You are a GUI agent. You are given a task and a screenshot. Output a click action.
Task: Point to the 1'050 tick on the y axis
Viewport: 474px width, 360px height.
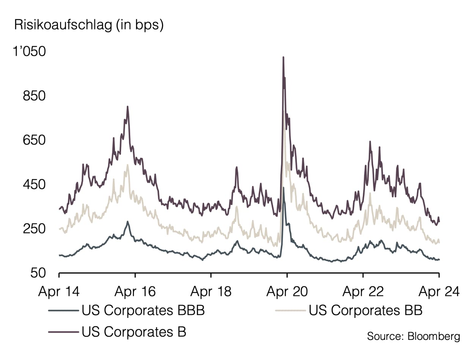coord(30,52)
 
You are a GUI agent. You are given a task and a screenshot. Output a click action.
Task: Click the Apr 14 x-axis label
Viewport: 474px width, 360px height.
coord(59,292)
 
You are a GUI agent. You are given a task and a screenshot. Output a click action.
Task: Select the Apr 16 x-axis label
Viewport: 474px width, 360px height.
coord(135,292)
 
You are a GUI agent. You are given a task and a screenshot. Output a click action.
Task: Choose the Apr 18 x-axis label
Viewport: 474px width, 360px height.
coord(211,292)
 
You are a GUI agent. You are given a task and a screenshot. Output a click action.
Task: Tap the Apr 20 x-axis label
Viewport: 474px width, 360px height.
coord(287,292)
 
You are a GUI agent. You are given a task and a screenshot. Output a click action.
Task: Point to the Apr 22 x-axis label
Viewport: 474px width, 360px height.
coord(363,292)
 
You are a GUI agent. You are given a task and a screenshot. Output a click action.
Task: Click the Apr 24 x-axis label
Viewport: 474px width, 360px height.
coord(439,292)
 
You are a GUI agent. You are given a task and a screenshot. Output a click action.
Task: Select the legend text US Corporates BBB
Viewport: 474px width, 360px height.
coord(143,310)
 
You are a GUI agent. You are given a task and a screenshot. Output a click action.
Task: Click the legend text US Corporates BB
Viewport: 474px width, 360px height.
coord(365,310)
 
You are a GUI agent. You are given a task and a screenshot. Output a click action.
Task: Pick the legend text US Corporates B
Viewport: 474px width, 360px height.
coord(134,332)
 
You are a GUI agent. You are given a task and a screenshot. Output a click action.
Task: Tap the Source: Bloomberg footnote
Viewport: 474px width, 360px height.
coord(413,336)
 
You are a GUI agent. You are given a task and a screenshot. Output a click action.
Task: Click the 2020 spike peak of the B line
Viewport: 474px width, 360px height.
coord(283,57)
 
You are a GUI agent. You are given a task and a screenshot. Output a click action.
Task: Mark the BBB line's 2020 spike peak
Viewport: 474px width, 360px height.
coord(283,187)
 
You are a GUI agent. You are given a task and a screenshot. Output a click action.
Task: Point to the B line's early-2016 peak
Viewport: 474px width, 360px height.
coord(128,107)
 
